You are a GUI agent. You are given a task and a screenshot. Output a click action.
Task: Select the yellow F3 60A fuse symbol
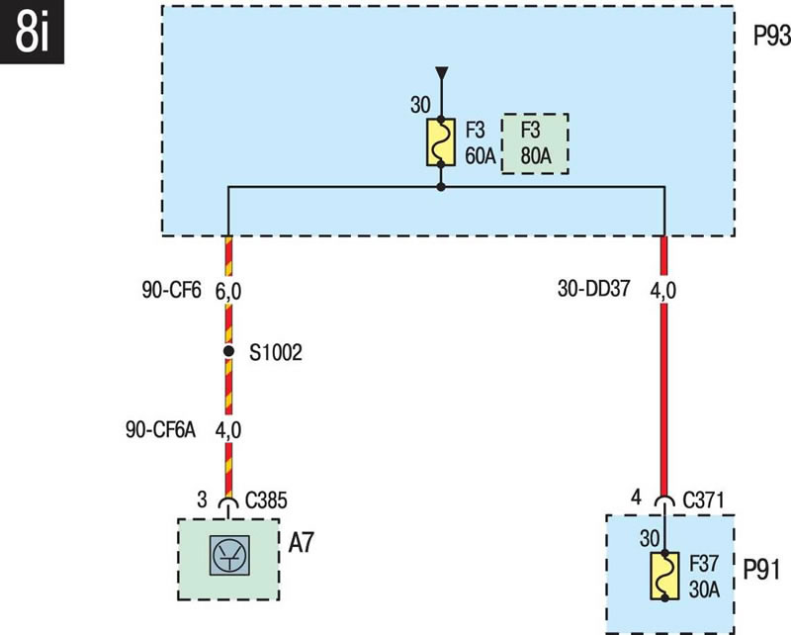[441, 142]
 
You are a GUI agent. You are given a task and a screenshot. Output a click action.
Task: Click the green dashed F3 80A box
[536, 143]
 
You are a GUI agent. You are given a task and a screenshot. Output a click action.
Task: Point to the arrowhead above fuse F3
[441, 73]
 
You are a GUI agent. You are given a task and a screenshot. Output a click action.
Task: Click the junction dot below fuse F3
[441, 187]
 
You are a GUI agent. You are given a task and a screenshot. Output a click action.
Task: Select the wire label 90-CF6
[172, 292]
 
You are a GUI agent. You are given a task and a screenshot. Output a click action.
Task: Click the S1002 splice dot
[228, 351]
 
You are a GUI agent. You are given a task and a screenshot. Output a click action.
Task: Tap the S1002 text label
[276, 352]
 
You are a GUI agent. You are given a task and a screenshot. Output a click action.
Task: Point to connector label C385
[267, 501]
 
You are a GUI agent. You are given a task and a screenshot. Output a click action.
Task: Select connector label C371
[703, 500]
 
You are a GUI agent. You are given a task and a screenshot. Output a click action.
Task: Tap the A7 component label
[303, 544]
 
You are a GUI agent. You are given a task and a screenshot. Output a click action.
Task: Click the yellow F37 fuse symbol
[664, 577]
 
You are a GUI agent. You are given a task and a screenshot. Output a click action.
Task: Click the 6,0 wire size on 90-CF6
[228, 292]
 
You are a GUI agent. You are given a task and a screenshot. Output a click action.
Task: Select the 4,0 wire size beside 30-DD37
[663, 292]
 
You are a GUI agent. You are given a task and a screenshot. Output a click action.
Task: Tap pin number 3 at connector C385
[204, 501]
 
